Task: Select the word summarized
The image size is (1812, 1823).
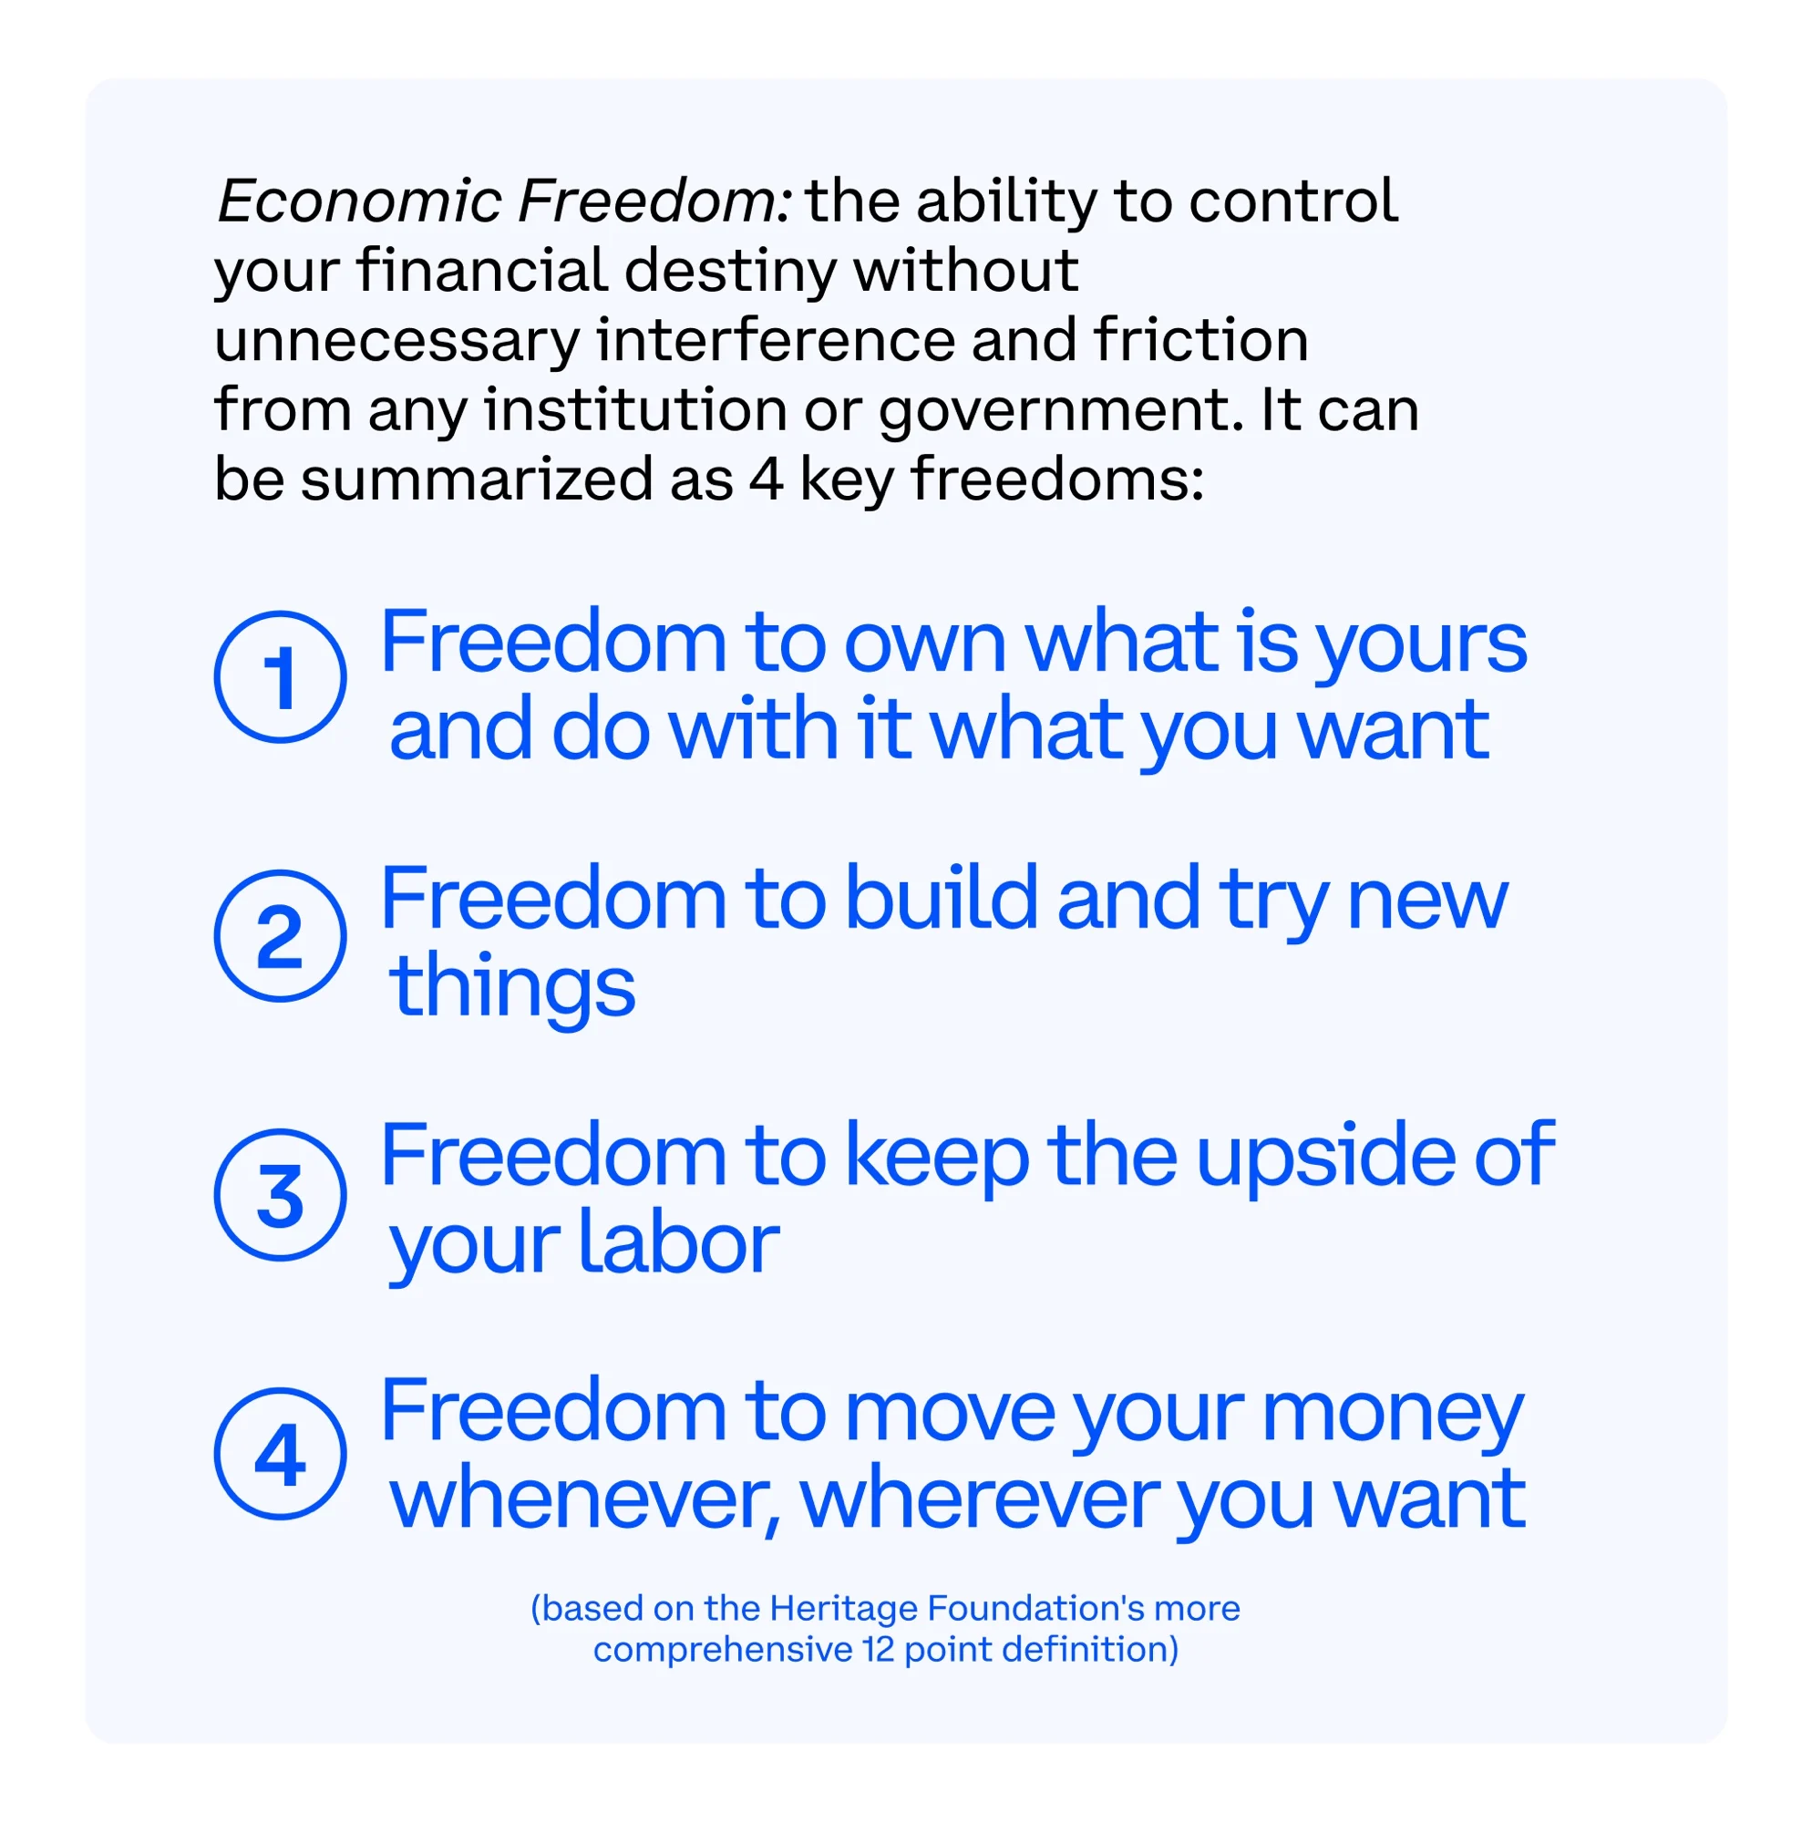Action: [477, 479]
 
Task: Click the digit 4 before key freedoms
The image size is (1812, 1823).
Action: [766, 479]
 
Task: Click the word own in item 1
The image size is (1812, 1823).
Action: [924, 645]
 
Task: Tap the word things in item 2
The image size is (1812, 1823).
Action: [512, 990]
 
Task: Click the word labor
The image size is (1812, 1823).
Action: [678, 1241]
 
